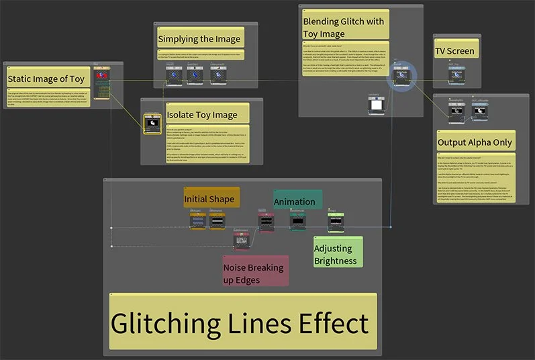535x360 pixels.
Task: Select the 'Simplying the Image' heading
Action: [x=199, y=38]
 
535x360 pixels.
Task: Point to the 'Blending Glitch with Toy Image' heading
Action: [x=344, y=28]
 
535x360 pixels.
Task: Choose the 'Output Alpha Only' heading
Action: [x=475, y=142]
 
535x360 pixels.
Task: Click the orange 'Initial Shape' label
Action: [x=210, y=199]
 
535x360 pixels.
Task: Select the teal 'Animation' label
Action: [x=295, y=201]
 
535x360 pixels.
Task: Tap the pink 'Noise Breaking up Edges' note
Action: [x=254, y=273]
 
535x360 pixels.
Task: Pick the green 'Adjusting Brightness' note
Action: [x=337, y=254]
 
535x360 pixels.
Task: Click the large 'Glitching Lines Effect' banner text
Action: [x=240, y=324]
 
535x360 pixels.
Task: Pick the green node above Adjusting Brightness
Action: [x=336, y=221]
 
